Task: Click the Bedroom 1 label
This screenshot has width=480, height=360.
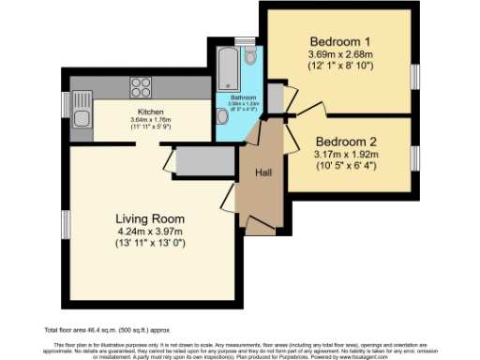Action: [340, 41]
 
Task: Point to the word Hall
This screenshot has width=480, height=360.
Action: [264, 173]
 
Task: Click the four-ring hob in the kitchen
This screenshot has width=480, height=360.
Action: [141, 86]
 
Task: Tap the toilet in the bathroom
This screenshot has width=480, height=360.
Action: [249, 58]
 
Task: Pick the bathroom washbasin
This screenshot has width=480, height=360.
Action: [221, 115]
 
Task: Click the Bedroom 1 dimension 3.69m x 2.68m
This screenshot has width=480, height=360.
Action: [340, 55]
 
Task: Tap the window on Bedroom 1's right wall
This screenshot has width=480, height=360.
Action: [415, 75]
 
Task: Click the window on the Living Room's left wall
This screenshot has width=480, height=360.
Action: [66, 225]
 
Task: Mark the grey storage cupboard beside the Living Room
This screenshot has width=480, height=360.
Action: [198, 160]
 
